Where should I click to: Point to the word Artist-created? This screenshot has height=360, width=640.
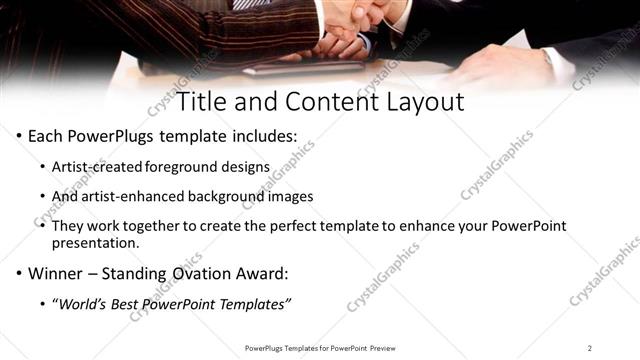tap(105, 166)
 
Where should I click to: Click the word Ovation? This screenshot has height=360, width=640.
tap(203, 273)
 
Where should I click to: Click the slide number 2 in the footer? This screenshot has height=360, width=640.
tap(590, 348)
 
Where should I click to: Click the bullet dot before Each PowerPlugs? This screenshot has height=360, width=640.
tap(20, 136)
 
